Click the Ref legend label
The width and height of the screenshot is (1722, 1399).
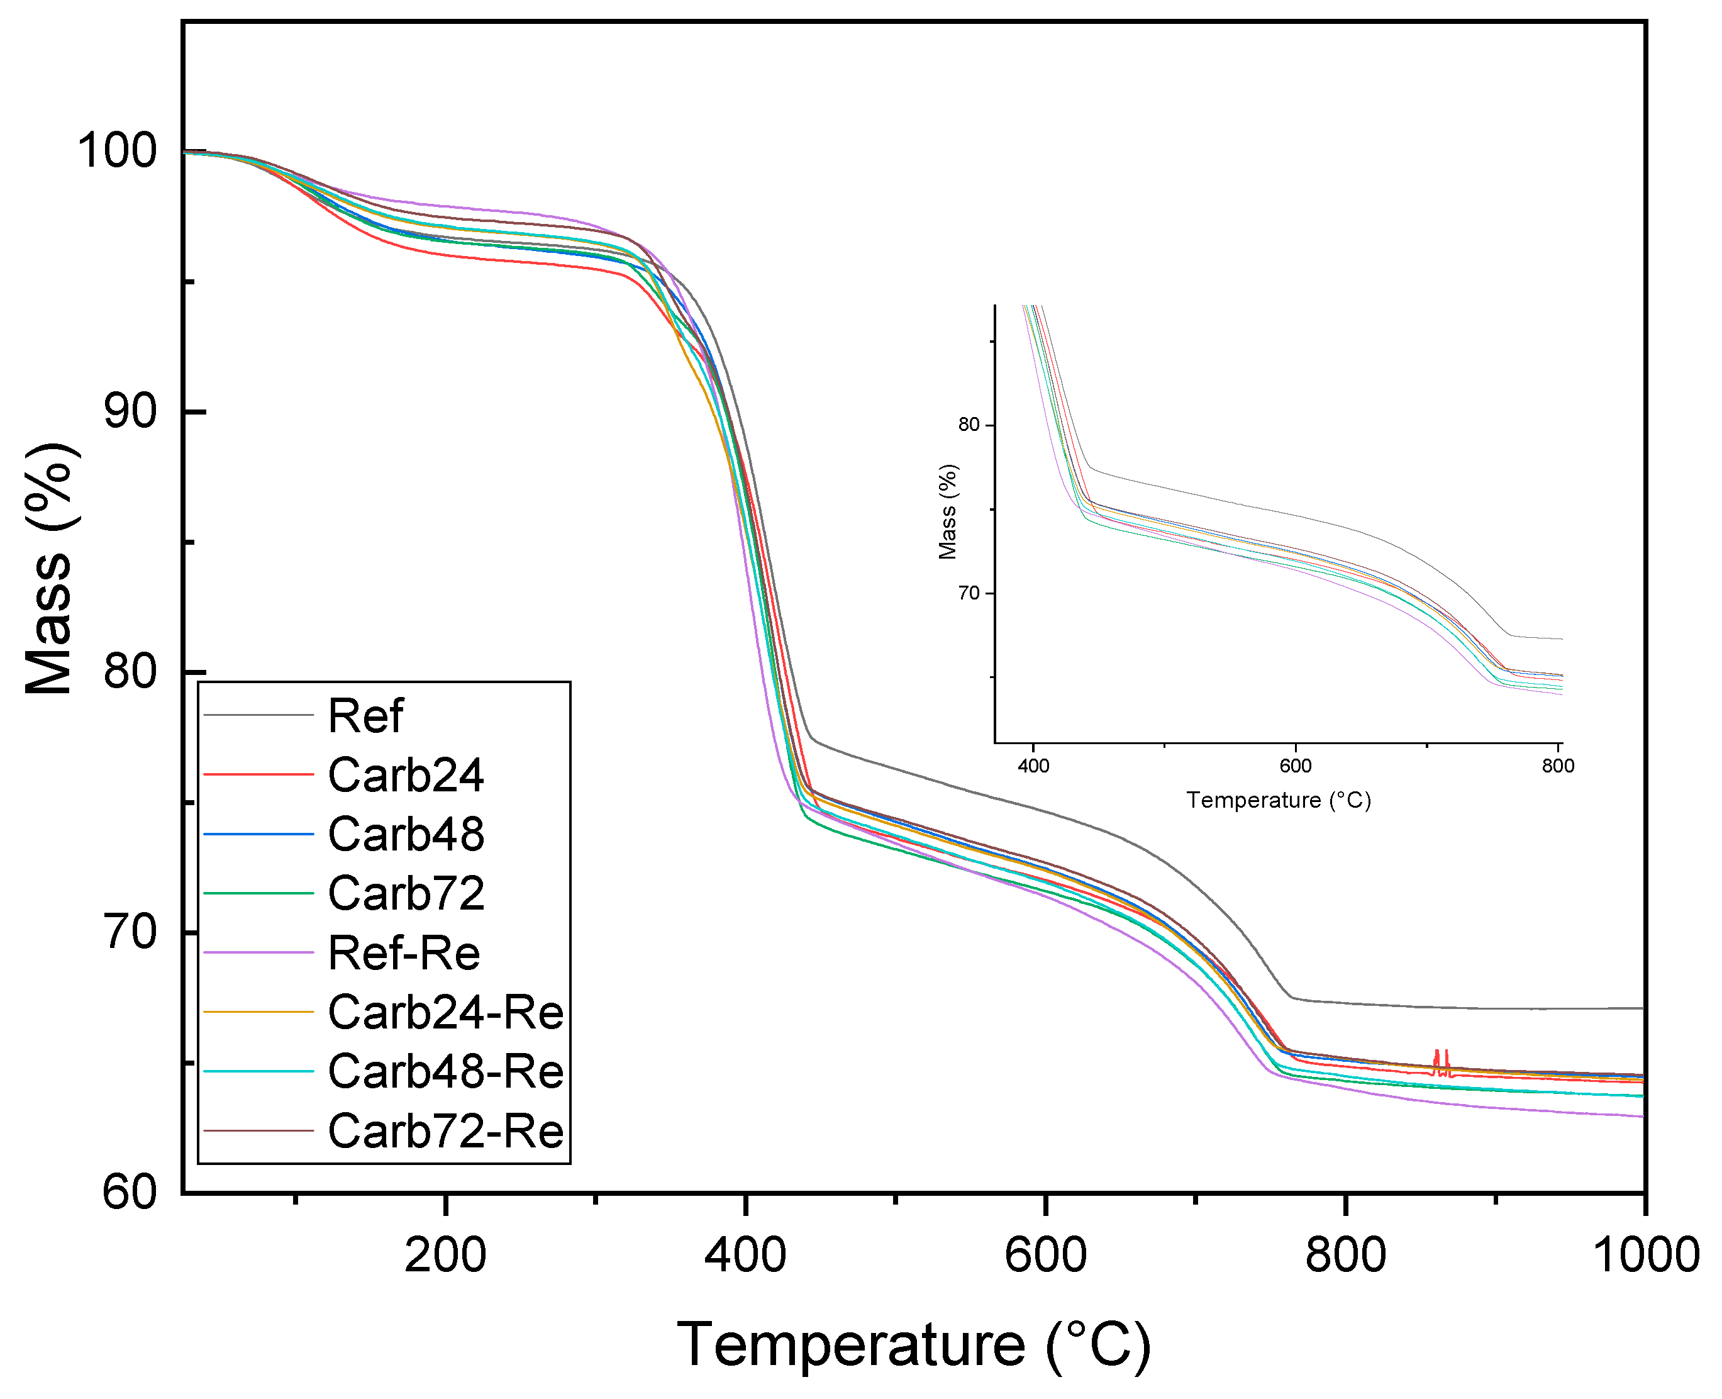pyautogui.click(x=365, y=716)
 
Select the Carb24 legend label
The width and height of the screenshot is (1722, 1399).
pyautogui.click(x=405, y=775)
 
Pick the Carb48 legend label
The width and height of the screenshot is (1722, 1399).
pyautogui.click(x=405, y=834)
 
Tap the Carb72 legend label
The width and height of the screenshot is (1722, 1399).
pyautogui.click(x=405, y=893)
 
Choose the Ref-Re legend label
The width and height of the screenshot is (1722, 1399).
pyautogui.click(x=404, y=952)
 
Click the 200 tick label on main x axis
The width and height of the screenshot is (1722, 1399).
pyautogui.click(x=445, y=1256)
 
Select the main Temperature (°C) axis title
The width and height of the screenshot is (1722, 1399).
pyautogui.click(x=913, y=1344)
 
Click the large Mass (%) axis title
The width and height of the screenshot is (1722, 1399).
pyautogui.click(x=50, y=568)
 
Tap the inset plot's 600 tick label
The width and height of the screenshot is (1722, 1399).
pyautogui.click(x=1295, y=766)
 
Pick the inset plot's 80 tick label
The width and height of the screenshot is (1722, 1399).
pyautogui.click(x=969, y=425)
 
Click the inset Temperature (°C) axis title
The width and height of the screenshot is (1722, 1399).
pyautogui.click(x=1278, y=800)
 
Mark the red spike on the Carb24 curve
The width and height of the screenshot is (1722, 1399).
pyautogui.click(x=1441, y=1059)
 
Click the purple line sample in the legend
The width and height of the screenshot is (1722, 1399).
pyautogui.click(x=258, y=952)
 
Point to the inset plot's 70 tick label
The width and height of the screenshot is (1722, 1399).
pyautogui.click(x=969, y=593)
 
